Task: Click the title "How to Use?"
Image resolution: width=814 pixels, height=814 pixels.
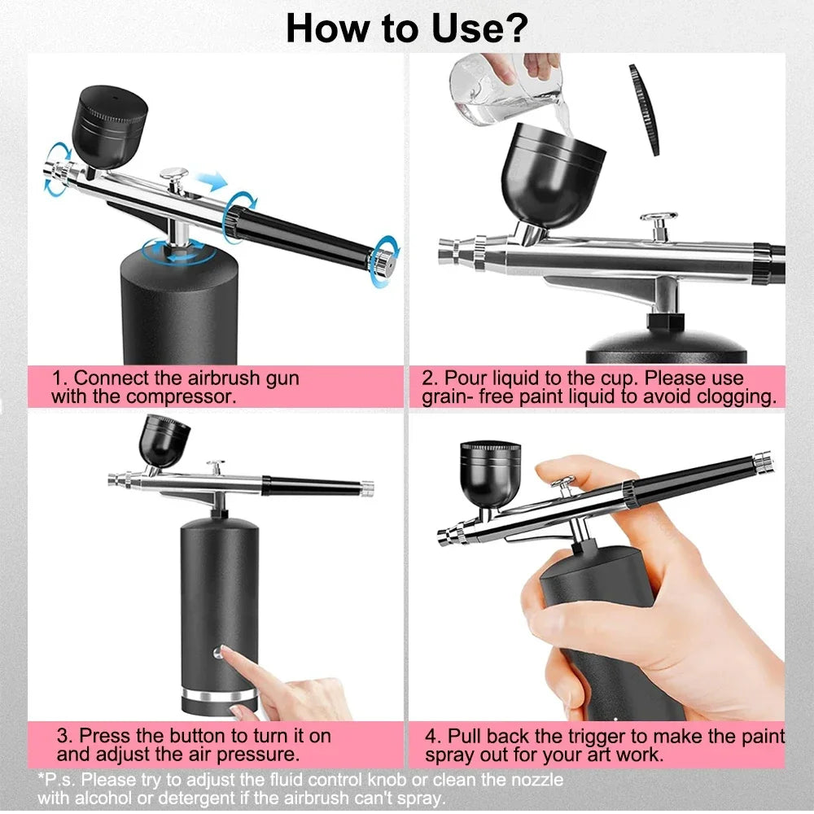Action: pos(406,28)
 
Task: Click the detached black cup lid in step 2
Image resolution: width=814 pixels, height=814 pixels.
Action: pos(644,109)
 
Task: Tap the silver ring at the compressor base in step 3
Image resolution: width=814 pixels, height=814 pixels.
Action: pos(219,696)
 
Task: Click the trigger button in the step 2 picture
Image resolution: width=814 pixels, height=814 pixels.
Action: pos(658,220)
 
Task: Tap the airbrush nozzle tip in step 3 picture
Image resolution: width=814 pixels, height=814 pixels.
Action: pos(112,479)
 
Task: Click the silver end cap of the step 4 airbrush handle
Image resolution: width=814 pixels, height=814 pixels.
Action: pos(763,462)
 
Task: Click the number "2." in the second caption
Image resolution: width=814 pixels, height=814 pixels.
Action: pos(431,379)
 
